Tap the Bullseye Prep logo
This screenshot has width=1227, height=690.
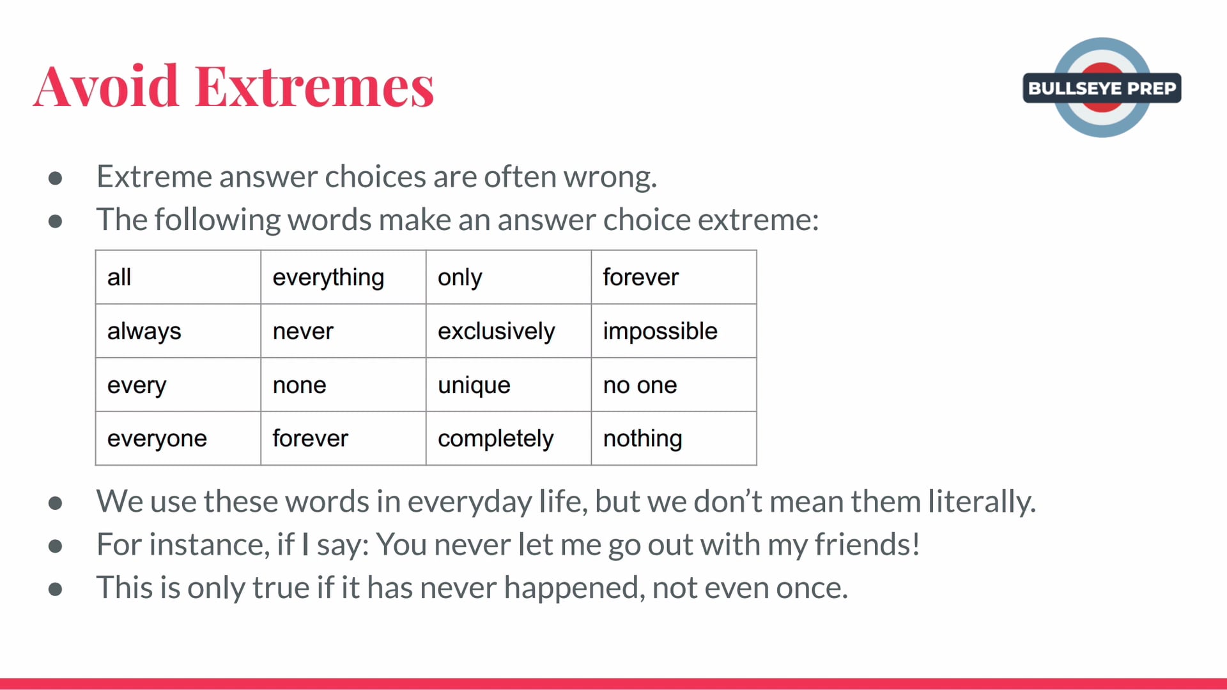tap(1102, 88)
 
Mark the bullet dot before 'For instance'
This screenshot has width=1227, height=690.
tap(56, 546)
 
